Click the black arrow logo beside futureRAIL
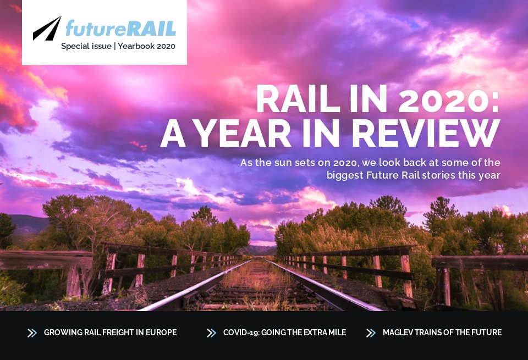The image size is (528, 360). tap(47, 28)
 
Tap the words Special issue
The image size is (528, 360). tap(86, 46)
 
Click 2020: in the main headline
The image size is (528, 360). tap(450, 101)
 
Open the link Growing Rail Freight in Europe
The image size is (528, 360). tap(110, 333)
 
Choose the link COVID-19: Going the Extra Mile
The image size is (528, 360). tap(284, 333)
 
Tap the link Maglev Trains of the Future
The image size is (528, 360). tap(442, 333)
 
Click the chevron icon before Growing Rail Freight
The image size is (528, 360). tap(32, 333)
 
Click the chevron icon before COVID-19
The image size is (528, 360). tap(211, 333)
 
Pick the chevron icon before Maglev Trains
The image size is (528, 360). tap(371, 333)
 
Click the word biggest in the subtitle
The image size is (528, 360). tap(344, 175)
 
